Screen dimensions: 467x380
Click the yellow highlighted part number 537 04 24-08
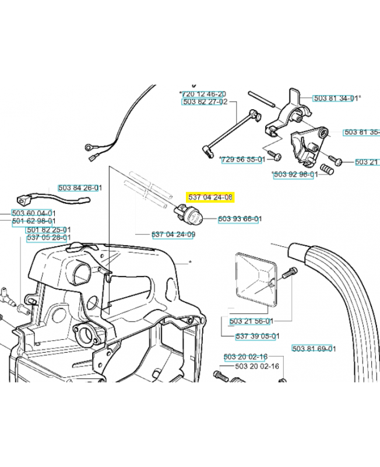point(210,197)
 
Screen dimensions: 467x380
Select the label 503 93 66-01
point(240,219)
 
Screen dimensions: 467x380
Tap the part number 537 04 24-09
point(173,235)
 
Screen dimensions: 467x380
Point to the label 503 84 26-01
point(80,188)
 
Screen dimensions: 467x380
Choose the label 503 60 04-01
point(34,213)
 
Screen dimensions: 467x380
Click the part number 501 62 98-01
point(34,221)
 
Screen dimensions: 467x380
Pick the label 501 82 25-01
point(48,230)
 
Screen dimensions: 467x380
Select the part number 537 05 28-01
point(48,238)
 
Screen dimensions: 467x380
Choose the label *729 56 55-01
point(243,159)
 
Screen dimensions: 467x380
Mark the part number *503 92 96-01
point(295,174)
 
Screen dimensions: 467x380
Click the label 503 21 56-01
point(252,321)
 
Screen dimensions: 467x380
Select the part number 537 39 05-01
point(258,336)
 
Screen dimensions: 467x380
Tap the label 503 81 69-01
point(314,348)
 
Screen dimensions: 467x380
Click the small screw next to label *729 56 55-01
point(276,156)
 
